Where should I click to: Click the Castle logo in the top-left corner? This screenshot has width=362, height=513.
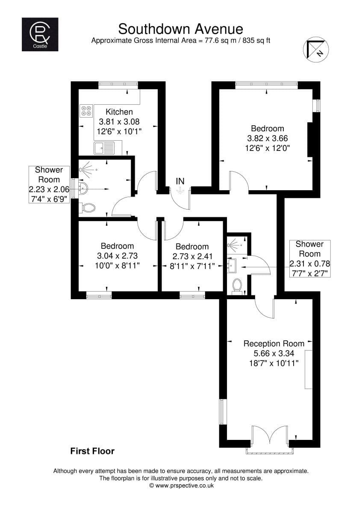40,34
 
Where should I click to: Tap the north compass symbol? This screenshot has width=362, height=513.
316,50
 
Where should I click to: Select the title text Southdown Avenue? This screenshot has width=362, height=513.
181,29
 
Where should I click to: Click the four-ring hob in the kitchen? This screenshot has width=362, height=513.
86,111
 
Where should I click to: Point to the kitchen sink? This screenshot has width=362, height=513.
104,148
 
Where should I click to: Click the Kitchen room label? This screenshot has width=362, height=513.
119,112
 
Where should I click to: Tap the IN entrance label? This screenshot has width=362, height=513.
180,181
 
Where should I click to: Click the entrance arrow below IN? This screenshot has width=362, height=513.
180,190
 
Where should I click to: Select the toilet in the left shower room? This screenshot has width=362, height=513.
87,208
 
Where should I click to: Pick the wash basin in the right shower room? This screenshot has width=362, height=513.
232,265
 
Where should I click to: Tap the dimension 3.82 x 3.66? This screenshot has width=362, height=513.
268,139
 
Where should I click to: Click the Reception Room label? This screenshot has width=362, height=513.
274,344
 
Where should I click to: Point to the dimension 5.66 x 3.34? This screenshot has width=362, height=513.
274,354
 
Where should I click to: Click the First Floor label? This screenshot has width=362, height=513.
92,451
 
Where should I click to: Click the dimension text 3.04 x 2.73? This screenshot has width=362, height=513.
117,256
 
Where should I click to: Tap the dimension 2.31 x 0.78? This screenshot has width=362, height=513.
310,264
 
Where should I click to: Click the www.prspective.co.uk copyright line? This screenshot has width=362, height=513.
181,486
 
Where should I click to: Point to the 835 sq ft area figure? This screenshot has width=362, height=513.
256,41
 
